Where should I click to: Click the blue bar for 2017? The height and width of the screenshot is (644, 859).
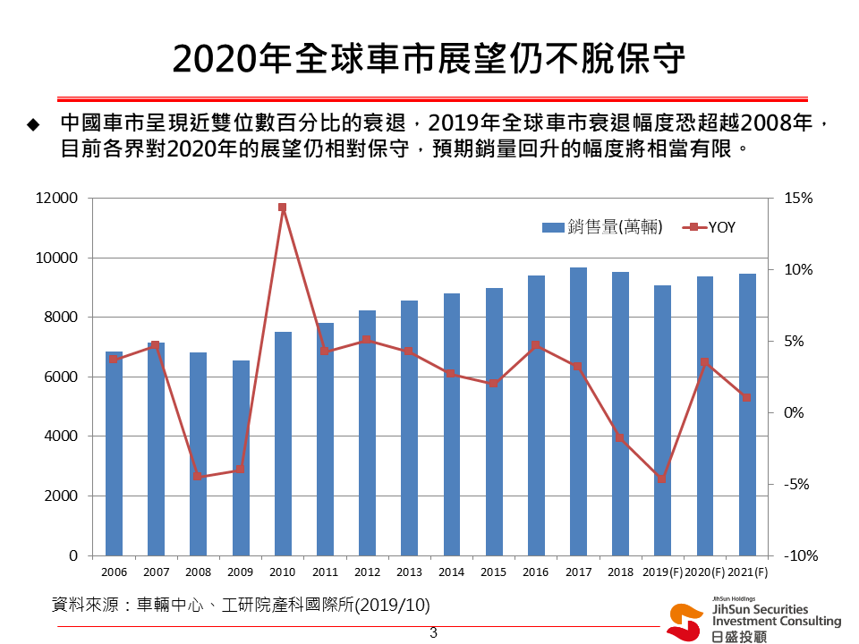click(x=578, y=411)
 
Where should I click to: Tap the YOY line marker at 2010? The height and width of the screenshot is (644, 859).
click(x=282, y=208)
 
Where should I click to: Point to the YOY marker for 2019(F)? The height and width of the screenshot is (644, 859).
click(x=662, y=479)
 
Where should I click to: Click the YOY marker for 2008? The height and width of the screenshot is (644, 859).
click(x=198, y=477)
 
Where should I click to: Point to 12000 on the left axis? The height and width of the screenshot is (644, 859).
click(x=56, y=198)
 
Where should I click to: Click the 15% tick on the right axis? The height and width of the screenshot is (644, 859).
click(x=796, y=198)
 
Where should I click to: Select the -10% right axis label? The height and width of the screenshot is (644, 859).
click(x=797, y=555)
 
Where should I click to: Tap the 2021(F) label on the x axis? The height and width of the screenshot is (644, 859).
click(x=747, y=572)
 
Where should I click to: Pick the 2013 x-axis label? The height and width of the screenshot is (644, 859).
click(x=409, y=572)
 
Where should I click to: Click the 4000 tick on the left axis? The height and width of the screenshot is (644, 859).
click(x=61, y=436)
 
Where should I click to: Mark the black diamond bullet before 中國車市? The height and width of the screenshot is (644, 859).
click(x=33, y=123)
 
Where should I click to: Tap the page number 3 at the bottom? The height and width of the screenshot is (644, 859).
click(x=433, y=633)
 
